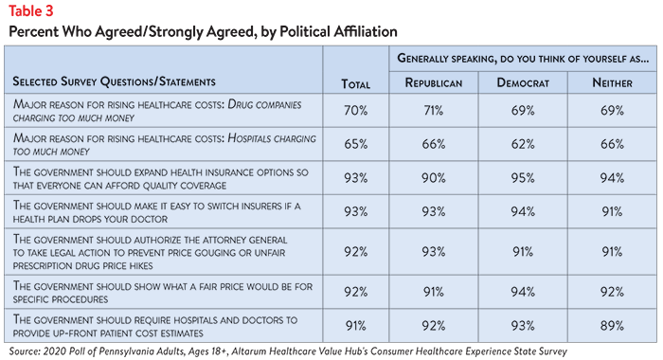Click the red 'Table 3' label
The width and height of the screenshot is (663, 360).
click(x=31, y=11)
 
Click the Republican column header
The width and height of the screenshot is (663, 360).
click(x=434, y=82)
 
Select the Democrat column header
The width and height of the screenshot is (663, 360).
click(x=523, y=82)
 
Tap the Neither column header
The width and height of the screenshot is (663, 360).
click(x=612, y=82)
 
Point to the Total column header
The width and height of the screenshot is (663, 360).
click(x=355, y=84)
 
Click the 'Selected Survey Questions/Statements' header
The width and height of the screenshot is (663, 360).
click(x=115, y=81)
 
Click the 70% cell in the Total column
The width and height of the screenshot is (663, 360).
click(x=355, y=111)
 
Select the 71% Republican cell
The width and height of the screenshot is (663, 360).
click(x=434, y=111)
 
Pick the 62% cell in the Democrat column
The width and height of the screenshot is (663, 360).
click(x=523, y=144)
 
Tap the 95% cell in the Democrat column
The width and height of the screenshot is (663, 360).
click(x=523, y=178)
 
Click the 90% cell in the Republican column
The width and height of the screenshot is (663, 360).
click(x=434, y=178)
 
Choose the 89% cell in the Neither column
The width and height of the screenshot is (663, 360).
click(x=612, y=325)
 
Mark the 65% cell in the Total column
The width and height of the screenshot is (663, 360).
click(x=355, y=144)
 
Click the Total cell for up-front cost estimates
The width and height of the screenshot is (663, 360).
click(x=355, y=325)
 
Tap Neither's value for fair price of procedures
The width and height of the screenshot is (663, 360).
click(x=612, y=292)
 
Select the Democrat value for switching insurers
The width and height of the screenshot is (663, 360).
click(x=523, y=211)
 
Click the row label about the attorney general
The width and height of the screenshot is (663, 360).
click(x=150, y=252)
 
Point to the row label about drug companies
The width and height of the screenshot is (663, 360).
click(x=157, y=111)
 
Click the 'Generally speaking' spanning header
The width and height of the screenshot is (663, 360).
click(x=523, y=59)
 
